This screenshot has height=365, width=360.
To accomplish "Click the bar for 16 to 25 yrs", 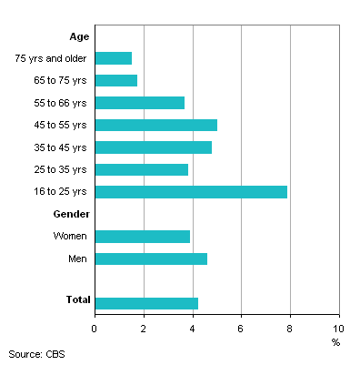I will pyautogui.click(x=191, y=192).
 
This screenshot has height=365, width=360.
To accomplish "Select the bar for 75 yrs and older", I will pyautogui.click(x=113, y=58).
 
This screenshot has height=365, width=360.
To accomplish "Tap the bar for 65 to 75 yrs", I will pyautogui.click(x=115, y=81).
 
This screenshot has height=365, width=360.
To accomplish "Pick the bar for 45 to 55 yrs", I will pyautogui.click(x=155, y=125).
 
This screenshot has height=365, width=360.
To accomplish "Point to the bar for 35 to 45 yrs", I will pyautogui.click(x=153, y=147).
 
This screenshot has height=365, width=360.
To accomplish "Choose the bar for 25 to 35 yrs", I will pyautogui.click(x=141, y=169).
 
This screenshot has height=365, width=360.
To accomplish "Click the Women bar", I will pyautogui.click(x=142, y=237).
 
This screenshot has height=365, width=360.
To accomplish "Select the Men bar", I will pyautogui.click(x=151, y=259).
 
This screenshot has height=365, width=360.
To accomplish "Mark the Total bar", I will pyautogui.click(x=146, y=303).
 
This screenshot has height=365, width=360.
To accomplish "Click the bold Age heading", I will pyautogui.click(x=78, y=36).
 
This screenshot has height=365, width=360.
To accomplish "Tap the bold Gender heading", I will pyautogui.click(x=71, y=214).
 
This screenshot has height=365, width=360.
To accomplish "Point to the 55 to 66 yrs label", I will pyautogui.click(x=58, y=103).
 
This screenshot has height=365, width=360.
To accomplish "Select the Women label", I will pyautogui.click(x=70, y=237).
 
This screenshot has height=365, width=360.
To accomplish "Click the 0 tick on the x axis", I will pyautogui.click(x=95, y=327).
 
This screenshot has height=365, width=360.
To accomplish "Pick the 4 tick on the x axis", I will pyautogui.click(x=193, y=327).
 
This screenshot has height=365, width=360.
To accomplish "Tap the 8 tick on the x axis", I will pyautogui.click(x=290, y=327).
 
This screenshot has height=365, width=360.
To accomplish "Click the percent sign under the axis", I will pyautogui.click(x=335, y=342).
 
